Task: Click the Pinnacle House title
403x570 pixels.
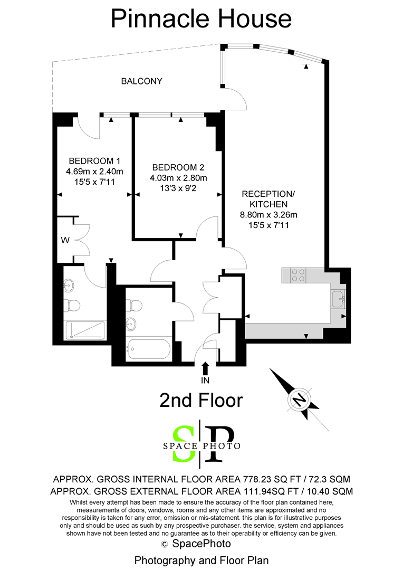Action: point(201,19)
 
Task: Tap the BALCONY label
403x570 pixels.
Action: point(142,81)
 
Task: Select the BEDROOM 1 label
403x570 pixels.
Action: point(94,160)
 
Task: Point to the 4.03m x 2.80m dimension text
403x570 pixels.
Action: point(178,178)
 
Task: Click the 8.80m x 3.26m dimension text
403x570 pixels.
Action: point(268,214)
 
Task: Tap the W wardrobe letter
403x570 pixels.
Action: point(65,240)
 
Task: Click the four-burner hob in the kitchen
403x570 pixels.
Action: point(299,275)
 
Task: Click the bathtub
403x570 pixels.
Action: point(148,350)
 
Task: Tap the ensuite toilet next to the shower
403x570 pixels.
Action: point(72,306)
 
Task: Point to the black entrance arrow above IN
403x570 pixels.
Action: point(205,368)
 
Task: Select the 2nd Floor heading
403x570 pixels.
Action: point(201,401)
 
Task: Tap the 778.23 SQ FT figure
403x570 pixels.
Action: point(268,479)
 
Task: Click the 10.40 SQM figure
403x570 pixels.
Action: point(330,491)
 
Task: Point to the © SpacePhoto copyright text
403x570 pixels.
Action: point(196,544)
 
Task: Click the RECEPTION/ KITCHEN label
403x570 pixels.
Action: point(268,199)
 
